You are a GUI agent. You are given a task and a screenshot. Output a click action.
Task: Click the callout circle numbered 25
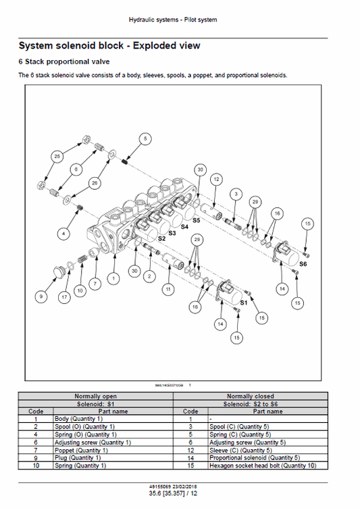56,156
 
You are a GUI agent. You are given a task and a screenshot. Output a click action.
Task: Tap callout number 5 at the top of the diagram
144,138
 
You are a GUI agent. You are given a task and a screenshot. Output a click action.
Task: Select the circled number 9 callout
41,295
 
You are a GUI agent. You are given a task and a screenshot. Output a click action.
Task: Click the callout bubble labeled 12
215,180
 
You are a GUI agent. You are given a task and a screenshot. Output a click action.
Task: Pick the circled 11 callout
168,289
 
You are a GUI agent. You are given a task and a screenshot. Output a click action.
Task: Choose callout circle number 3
235,194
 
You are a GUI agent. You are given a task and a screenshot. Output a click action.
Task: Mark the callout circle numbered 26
94,182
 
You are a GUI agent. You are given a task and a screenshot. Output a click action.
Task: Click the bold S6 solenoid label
302,263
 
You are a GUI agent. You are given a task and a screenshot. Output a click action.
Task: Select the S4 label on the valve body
184,227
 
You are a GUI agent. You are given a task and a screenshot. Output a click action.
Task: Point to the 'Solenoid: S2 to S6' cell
250,403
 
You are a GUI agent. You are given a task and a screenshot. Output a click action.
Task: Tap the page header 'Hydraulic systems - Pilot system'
173,20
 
